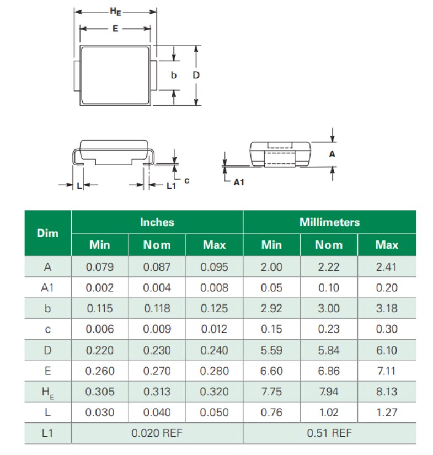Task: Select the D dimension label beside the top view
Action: click(195, 76)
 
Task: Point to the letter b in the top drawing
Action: click(173, 76)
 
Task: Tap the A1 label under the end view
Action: click(238, 182)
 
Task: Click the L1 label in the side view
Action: click(171, 186)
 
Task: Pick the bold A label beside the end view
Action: click(332, 154)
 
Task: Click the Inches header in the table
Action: click(157, 222)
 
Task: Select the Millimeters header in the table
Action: click(329, 222)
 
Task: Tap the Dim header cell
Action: click(47, 233)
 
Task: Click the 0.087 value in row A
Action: click(157, 267)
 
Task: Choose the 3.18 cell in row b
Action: click(386, 308)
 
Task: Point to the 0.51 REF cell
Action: click(329, 433)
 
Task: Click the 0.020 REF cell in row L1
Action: click(157, 433)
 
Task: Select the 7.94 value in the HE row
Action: click(329, 392)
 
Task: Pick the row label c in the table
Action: click(47, 329)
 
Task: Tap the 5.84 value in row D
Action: click(329, 350)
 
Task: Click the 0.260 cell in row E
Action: click(100, 371)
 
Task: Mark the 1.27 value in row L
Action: click(386, 413)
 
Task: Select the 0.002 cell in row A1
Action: click(100, 287)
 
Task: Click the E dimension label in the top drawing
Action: click(115, 29)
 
